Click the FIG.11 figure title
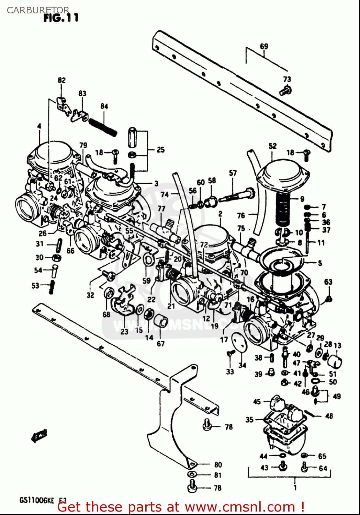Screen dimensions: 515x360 [x=61, y=18]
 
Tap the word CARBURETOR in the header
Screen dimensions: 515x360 [x=38, y=10]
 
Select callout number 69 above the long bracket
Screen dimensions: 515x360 [x=264, y=46]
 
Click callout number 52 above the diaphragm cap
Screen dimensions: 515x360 [x=272, y=146]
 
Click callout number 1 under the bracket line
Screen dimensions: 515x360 [x=295, y=487]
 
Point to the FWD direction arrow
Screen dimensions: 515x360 [x=38, y=436]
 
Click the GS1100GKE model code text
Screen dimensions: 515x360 [x=37, y=500]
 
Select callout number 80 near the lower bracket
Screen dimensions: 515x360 [x=218, y=465]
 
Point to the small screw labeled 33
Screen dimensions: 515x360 [x=230, y=353]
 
